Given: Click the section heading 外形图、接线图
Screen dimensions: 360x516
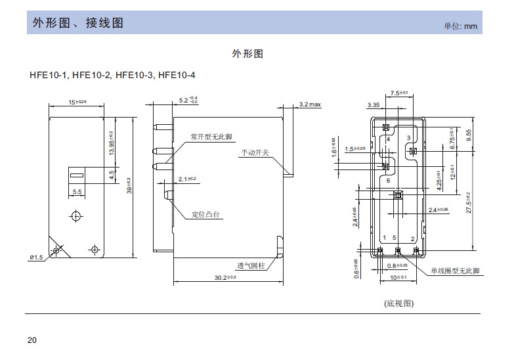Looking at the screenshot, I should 78,24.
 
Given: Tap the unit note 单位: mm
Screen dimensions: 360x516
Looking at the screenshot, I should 460,26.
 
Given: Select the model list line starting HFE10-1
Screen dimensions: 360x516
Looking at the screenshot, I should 112,75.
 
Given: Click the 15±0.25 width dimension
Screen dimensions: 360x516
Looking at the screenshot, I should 77,102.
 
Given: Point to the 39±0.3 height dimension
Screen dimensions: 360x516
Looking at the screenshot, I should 129,186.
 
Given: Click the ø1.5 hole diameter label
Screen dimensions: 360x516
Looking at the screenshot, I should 35,258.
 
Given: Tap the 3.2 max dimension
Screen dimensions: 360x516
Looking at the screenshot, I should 310,104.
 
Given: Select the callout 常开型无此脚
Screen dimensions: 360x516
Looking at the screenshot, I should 211,137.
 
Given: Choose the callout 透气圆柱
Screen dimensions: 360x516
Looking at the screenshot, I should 250,266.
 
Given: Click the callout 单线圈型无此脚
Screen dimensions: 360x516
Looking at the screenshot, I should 455,271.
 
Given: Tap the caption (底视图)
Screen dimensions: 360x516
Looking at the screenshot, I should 398,304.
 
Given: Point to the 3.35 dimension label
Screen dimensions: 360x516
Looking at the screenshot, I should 374,105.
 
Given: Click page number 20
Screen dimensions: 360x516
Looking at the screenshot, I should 32,340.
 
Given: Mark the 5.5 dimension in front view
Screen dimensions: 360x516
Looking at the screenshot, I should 77,192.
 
